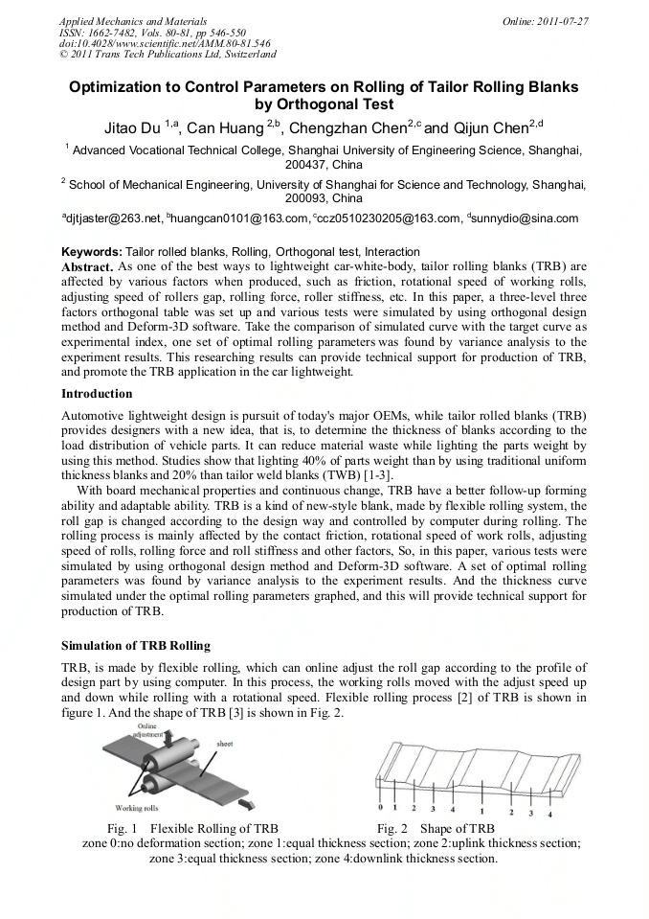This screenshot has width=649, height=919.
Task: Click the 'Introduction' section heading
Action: click(97, 394)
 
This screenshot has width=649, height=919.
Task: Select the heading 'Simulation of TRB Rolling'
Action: click(135, 645)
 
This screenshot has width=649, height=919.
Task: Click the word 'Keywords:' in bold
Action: click(92, 251)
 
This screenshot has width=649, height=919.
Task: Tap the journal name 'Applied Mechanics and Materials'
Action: click(132, 20)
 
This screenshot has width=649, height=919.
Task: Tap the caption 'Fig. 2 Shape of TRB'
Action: click(435, 828)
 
